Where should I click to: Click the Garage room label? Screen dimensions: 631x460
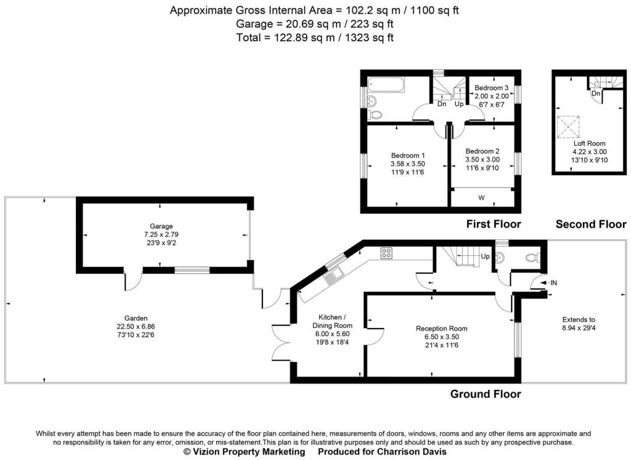tap(161, 226)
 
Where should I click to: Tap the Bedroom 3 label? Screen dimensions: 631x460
tap(491, 88)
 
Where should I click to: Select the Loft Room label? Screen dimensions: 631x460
tap(590, 144)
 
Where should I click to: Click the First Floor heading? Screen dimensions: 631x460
tap(494, 224)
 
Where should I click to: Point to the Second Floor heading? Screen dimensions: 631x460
tap(591, 224)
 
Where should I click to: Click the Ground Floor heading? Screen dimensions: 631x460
tap(486, 394)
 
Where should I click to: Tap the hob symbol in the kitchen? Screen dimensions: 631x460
tap(386, 253)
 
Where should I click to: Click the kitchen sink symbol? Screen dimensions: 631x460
tap(333, 276)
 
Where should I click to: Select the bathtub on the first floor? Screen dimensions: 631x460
tap(386, 84)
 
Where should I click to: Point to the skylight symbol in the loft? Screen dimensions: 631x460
tap(568, 126)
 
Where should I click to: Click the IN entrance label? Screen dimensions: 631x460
tap(553, 283)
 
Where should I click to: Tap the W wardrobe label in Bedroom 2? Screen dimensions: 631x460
tap(481, 198)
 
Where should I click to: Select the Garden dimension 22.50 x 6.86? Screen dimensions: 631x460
tap(136, 326)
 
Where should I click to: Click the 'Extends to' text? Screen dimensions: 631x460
tap(579, 319)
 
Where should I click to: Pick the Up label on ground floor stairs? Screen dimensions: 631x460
tap(486, 257)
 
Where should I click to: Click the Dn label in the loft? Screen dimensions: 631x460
tap(596, 94)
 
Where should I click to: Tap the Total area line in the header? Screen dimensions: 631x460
tap(315, 38)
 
